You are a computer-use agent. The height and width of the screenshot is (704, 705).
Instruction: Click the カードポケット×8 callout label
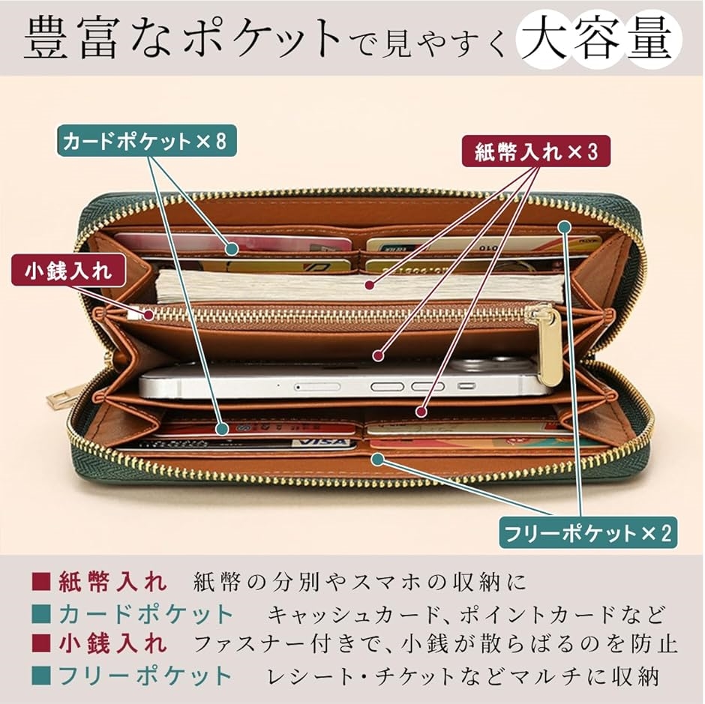click(146, 141)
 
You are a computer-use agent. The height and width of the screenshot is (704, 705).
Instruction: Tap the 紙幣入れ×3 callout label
click(536, 151)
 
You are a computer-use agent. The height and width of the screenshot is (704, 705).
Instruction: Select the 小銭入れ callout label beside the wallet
click(68, 270)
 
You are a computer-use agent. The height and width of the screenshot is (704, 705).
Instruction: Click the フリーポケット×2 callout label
click(588, 533)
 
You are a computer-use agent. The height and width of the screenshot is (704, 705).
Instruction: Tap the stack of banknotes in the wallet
click(360, 286)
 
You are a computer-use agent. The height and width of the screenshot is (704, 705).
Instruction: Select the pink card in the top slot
click(233, 246)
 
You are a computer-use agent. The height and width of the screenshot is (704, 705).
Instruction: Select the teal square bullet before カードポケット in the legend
click(40, 613)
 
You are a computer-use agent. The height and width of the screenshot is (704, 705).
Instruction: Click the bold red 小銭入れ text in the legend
click(112, 643)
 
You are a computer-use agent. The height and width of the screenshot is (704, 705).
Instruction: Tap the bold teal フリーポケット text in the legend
click(145, 676)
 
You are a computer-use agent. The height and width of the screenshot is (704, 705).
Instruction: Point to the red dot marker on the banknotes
click(370, 285)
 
